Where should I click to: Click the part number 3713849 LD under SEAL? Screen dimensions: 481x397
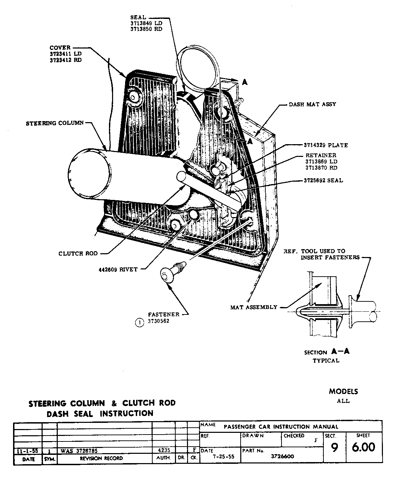(146, 23)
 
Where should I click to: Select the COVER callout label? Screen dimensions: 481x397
(60, 48)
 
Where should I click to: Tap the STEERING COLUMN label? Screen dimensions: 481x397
(55, 123)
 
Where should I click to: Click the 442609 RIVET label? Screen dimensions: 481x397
(118, 269)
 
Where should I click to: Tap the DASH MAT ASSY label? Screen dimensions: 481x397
(312, 104)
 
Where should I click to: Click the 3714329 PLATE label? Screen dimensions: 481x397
(326, 145)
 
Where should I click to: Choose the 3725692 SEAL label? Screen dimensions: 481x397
(323, 180)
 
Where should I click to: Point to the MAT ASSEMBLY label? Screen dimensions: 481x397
(254, 307)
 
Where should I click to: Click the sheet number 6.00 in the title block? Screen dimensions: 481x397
(363, 447)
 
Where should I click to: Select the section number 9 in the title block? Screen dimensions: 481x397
(334, 448)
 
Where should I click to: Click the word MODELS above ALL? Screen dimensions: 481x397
(343, 392)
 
